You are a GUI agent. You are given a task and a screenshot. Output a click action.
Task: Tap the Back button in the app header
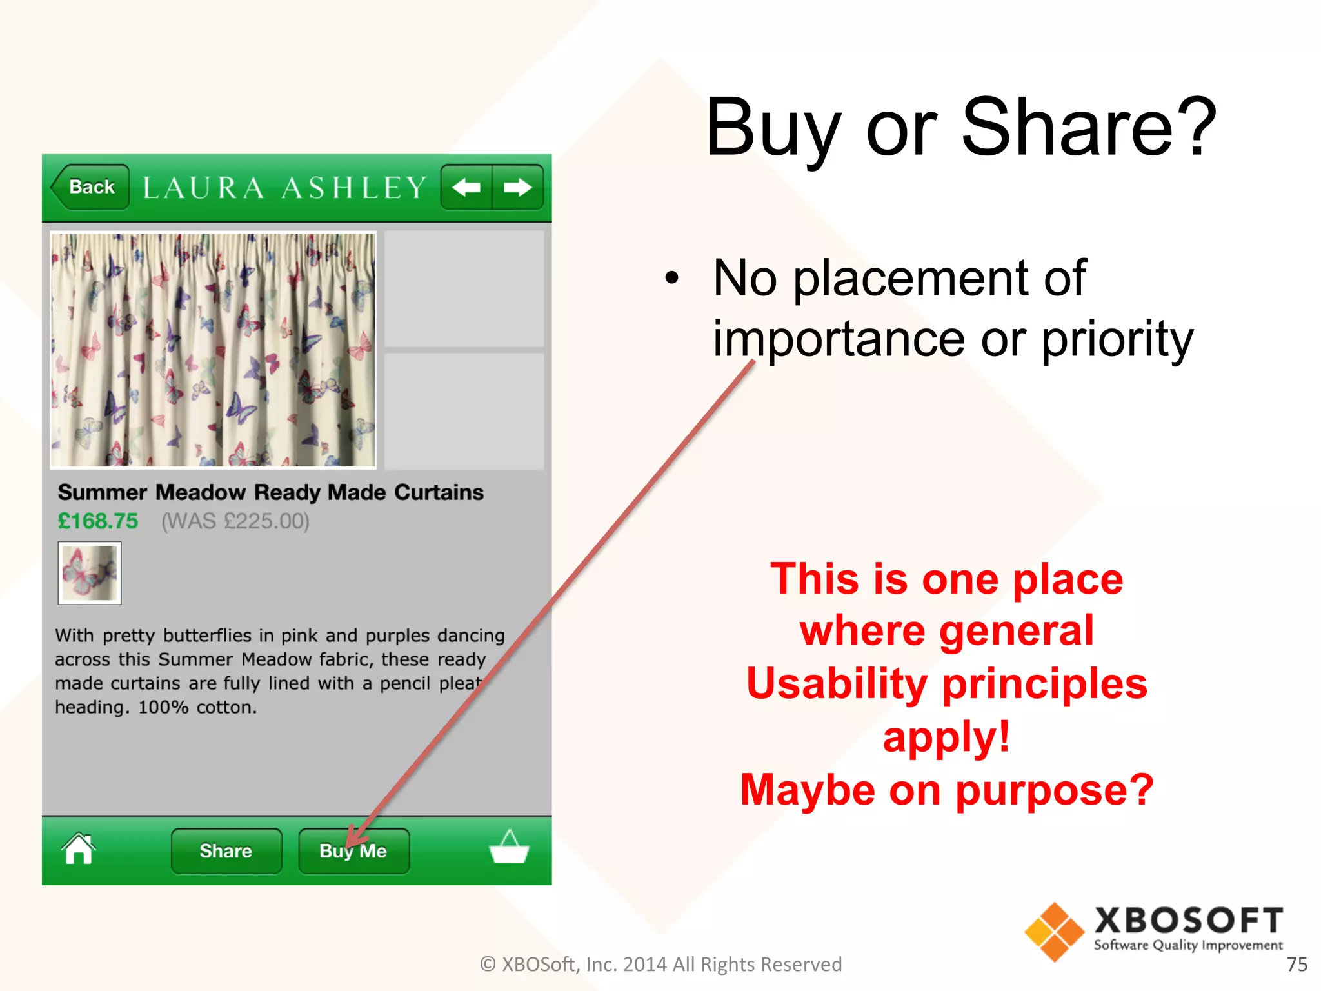[x=90, y=187]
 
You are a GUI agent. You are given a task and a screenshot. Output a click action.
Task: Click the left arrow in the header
[x=466, y=188]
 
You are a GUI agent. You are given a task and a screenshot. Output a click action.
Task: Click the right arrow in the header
[x=517, y=188]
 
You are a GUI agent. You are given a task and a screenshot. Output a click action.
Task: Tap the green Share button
[x=226, y=851]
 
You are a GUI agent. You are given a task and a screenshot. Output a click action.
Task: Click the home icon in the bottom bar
[x=79, y=849]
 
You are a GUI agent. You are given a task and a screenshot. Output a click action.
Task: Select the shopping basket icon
[x=509, y=847]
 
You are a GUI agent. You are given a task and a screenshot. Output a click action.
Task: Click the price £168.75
[x=98, y=521]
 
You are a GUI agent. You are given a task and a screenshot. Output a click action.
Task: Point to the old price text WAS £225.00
[x=235, y=521]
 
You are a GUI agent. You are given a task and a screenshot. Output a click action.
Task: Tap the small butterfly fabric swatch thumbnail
[x=90, y=573]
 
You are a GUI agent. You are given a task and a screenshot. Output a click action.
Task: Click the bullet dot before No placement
[x=672, y=278]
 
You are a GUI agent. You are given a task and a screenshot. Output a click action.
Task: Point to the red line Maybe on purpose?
[x=946, y=790]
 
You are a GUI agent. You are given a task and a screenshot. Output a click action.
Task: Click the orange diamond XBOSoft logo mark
[x=1054, y=932]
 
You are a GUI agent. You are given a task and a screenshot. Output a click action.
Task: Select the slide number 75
[x=1296, y=964]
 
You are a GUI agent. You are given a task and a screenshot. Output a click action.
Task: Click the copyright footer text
[x=660, y=964]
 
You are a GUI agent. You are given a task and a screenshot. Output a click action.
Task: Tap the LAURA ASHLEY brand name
[x=284, y=188]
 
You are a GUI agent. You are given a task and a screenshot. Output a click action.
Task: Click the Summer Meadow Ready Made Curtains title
[x=270, y=492]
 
